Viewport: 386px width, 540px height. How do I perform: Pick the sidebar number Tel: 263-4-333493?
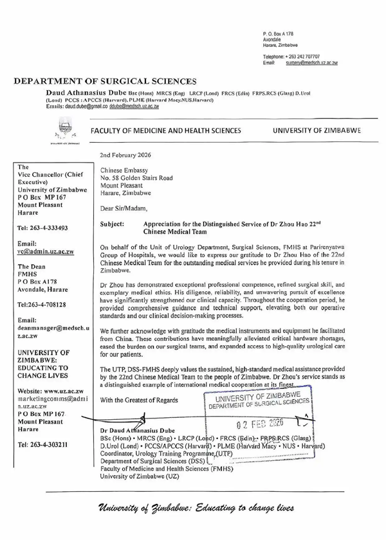click(x=41, y=227)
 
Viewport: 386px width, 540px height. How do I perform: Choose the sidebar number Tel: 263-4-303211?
click(x=42, y=445)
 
